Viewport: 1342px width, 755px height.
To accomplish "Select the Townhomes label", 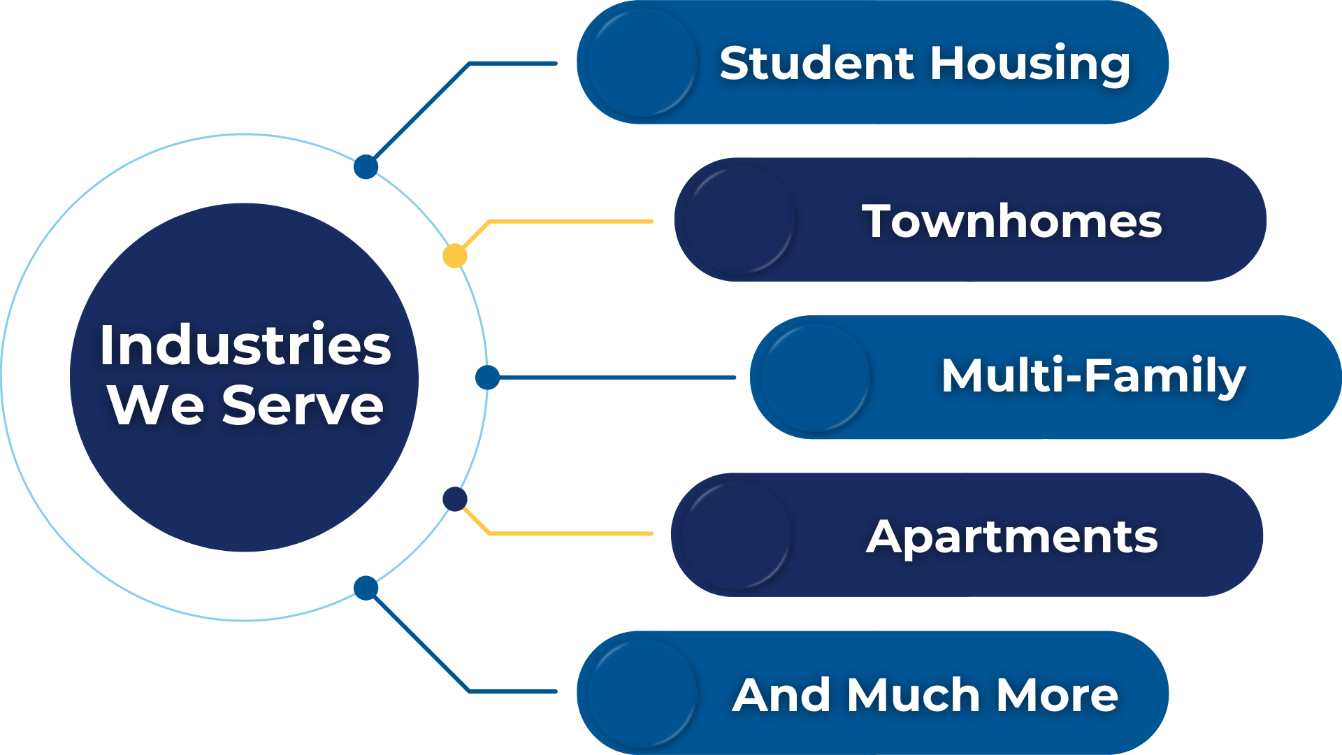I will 1011,222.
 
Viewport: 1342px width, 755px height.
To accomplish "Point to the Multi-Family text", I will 1093,376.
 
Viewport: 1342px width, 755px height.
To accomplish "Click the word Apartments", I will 1011,537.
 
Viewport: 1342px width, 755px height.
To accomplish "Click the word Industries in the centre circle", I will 245,345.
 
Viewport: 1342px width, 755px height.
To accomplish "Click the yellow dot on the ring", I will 455,256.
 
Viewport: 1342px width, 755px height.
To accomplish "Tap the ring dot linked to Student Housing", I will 366,167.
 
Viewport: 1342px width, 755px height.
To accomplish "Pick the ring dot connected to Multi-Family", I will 487,377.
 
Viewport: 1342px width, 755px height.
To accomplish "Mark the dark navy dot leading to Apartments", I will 455,499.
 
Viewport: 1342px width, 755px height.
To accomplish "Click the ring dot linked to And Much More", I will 366,588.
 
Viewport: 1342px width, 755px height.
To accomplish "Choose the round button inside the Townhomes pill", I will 739,220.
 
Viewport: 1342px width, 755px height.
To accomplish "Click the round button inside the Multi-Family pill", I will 814,377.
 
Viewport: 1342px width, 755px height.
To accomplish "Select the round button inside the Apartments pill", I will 736,535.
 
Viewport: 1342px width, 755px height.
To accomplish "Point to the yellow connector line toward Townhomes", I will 570,222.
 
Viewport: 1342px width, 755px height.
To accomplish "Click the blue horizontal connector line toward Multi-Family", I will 615,377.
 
